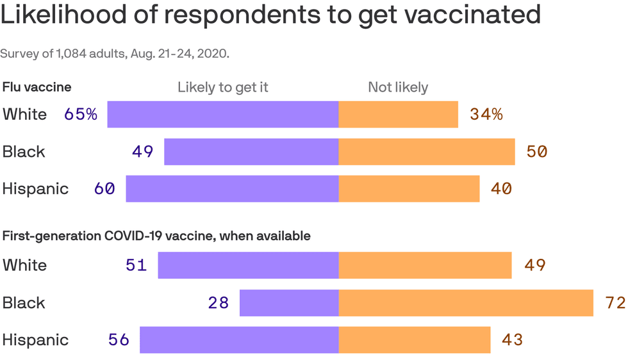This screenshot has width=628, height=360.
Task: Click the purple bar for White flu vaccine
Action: tap(222, 115)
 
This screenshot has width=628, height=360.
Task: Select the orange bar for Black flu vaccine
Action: tap(426, 152)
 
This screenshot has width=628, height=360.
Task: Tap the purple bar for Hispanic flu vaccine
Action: tap(232, 189)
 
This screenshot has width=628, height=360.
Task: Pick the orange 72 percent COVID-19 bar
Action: tap(466, 303)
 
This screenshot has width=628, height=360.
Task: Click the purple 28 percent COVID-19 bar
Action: tap(289, 303)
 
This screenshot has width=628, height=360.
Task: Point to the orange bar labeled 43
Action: tap(415, 340)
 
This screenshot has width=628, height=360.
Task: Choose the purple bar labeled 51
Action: tap(248, 265)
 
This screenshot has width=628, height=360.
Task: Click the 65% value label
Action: tap(81, 115)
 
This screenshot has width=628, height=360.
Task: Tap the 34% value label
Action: tap(486, 115)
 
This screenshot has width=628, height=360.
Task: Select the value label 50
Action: tap(536, 152)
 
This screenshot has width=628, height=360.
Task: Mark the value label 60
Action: tap(104, 189)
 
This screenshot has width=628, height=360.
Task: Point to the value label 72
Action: tap(615, 303)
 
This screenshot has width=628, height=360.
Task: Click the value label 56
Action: tap(119, 340)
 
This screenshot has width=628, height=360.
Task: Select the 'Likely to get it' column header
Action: tap(223, 87)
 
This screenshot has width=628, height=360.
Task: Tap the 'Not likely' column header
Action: tap(398, 87)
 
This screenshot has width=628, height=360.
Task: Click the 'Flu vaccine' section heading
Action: tap(37, 86)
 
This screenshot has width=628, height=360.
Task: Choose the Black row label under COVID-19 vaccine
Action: tap(24, 302)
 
